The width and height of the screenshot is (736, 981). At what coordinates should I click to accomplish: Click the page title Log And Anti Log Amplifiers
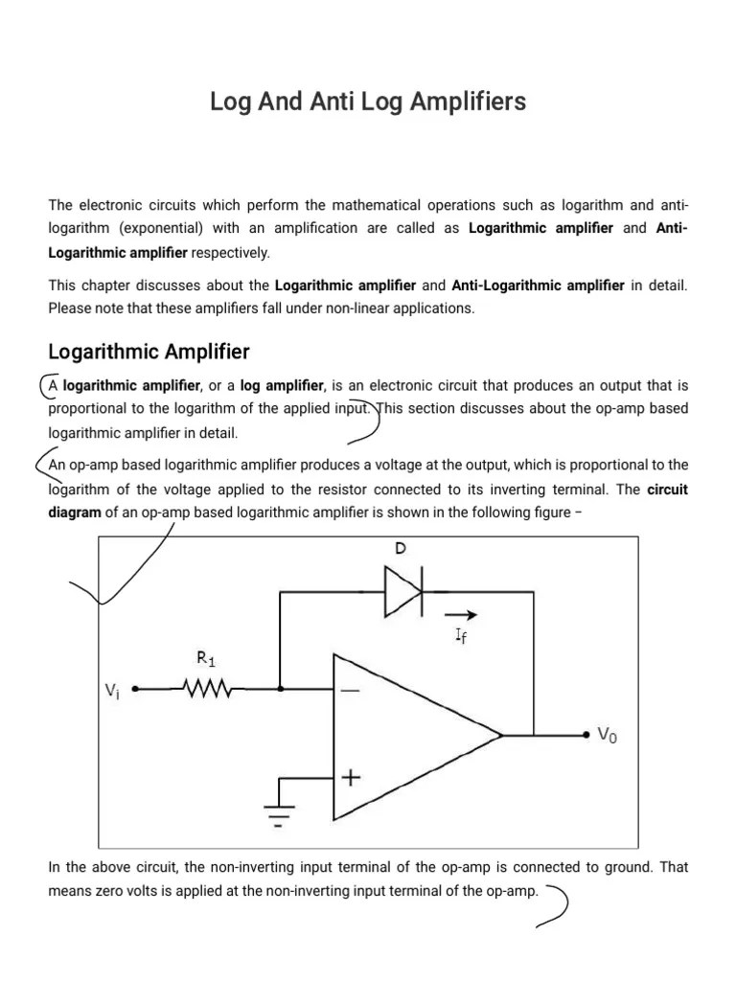(x=368, y=103)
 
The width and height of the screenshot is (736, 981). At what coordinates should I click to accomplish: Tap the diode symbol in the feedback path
(x=403, y=591)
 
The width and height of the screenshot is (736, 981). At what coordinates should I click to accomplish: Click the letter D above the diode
(x=400, y=549)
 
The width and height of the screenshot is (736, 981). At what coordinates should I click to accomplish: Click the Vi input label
(x=114, y=690)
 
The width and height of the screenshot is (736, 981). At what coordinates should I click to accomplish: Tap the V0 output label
(x=608, y=736)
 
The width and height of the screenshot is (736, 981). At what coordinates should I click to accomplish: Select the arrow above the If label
(x=460, y=616)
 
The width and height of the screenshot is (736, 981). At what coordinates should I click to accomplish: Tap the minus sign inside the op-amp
(x=350, y=689)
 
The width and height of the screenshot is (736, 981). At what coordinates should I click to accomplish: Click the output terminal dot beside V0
(x=586, y=735)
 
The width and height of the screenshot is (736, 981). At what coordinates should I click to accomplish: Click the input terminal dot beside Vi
(x=135, y=688)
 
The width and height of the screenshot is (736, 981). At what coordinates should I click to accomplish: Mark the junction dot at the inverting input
(x=280, y=688)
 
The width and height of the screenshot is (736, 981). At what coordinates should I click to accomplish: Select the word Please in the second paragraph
(x=69, y=308)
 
